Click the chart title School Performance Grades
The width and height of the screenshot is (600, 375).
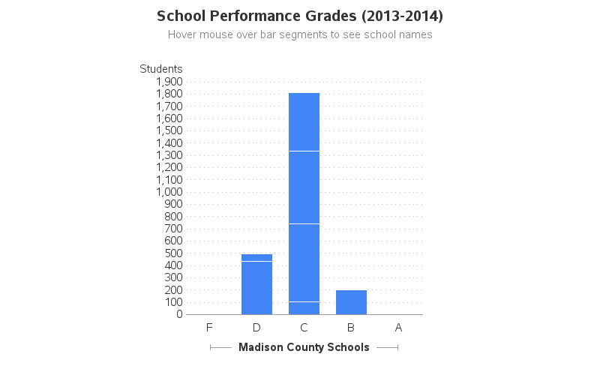tap(300, 16)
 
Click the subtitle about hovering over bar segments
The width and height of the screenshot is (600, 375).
tap(300, 34)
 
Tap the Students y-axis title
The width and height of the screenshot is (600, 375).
tap(160, 69)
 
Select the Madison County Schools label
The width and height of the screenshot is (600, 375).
tap(304, 347)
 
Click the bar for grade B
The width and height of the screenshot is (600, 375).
tap(351, 302)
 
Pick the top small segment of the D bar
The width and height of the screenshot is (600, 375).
tap(256, 257)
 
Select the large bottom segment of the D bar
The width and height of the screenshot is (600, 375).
tap(256, 288)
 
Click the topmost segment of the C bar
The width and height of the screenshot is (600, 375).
tap(304, 121)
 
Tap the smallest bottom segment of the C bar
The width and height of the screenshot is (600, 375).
tap(304, 308)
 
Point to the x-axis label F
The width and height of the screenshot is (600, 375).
tap(209, 328)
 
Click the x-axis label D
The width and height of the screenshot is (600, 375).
tap(256, 328)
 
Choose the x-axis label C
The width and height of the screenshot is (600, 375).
tap(304, 328)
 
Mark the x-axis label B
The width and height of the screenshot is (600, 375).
tap(351, 328)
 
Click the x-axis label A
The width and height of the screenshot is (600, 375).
tap(398, 328)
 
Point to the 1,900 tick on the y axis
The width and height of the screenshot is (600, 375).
tap(169, 82)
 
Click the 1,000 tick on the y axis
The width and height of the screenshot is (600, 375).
tap(169, 192)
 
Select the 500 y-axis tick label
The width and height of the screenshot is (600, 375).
tap(173, 253)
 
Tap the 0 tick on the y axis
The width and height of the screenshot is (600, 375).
tap(180, 314)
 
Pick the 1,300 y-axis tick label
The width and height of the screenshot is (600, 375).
tap(169, 155)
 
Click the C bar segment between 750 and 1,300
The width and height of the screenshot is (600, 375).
tap(304, 187)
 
